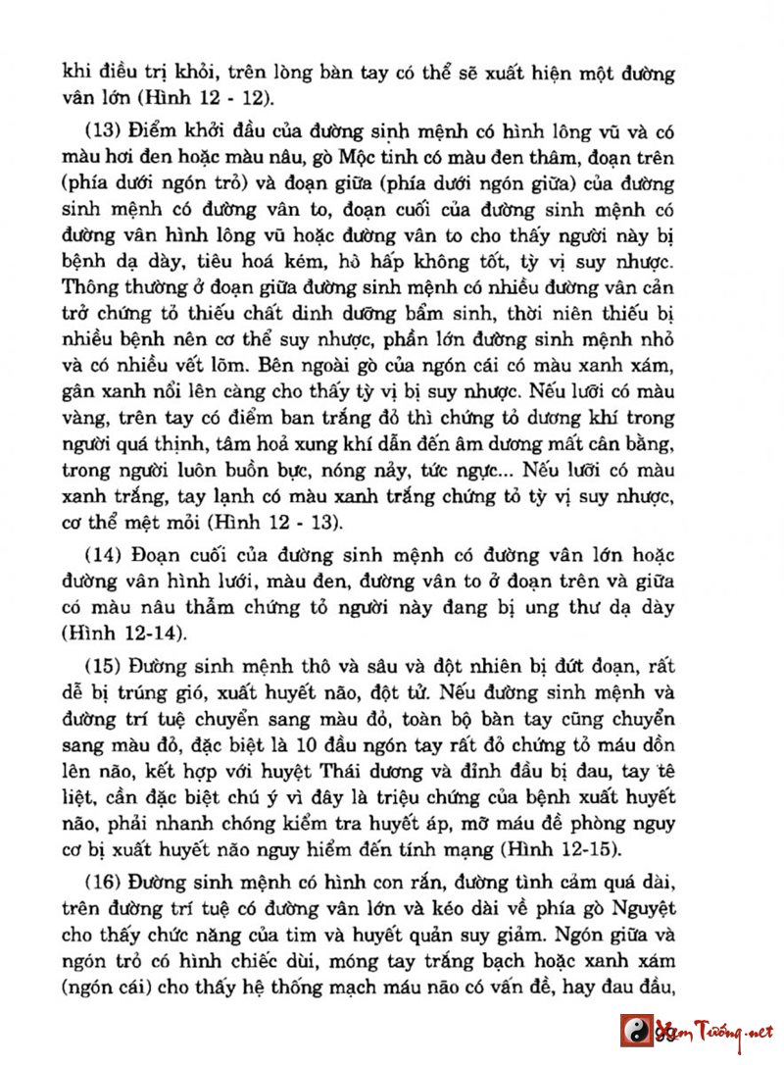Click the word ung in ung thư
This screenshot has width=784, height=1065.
point(563,606)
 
